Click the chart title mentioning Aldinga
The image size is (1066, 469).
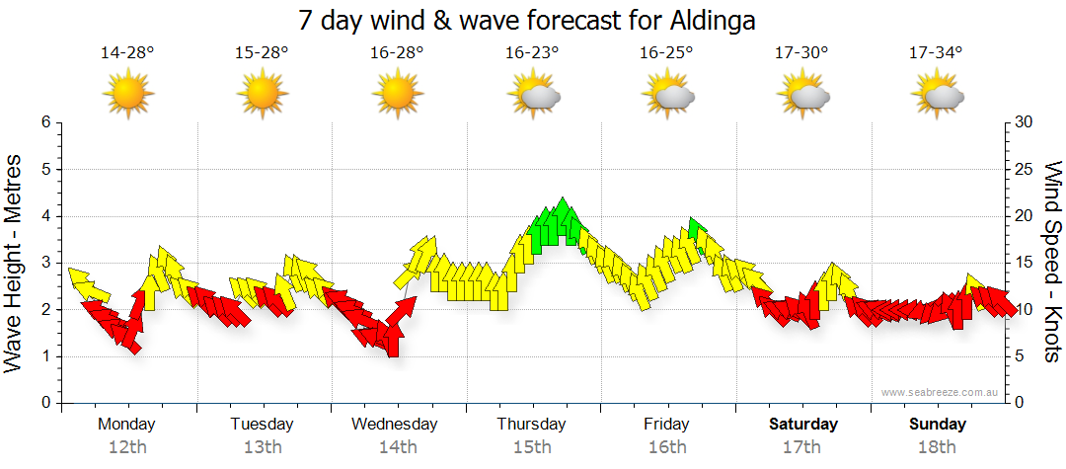pos(533,20)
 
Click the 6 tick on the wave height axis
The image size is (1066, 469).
pos(44,122)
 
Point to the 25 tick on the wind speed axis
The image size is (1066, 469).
pos(1026,170)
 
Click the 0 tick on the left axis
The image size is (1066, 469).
pos(44,403)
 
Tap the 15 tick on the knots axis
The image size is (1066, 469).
pos(1026,264)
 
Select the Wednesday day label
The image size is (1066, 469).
pos(396,425)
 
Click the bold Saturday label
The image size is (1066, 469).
pos(803,425)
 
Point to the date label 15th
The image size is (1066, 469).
pos(532,447)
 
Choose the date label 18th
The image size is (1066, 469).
pos(938,447)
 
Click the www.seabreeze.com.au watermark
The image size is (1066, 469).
pos(942,392)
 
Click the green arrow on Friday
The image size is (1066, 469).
pos(697,230)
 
